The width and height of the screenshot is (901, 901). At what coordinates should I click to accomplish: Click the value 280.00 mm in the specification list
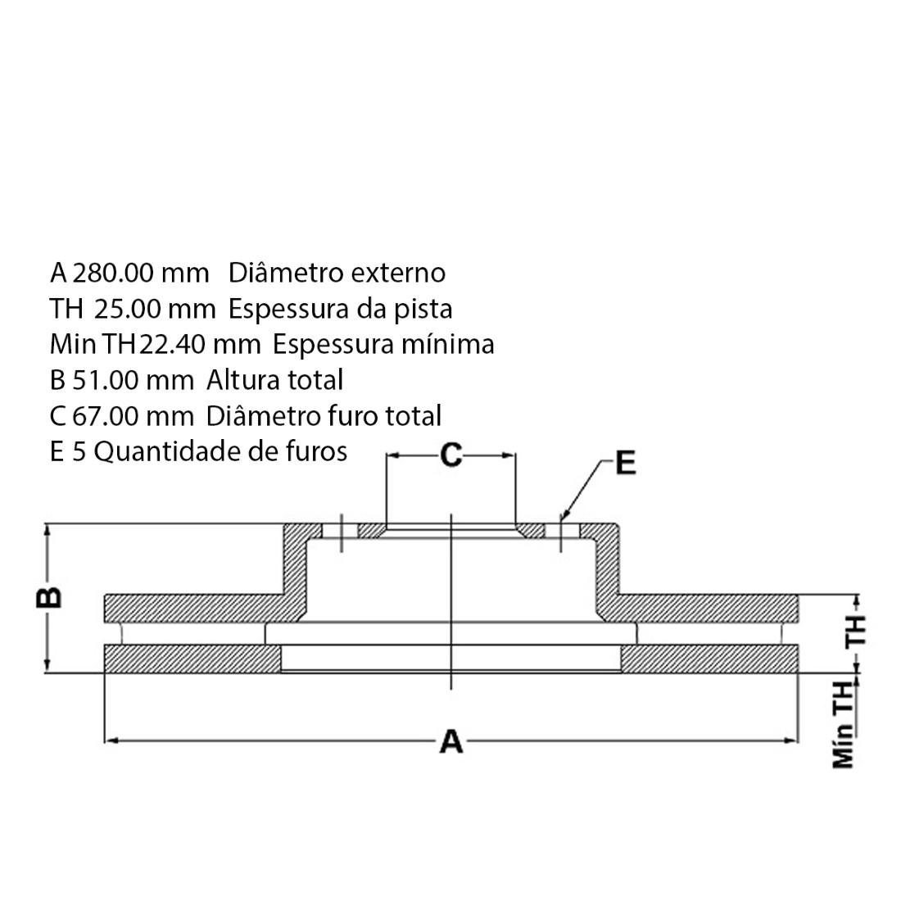point(141,273)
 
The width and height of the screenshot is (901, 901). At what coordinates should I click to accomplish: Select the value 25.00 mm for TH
point(155,309)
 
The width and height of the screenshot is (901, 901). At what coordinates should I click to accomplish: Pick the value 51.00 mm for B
point(133,380)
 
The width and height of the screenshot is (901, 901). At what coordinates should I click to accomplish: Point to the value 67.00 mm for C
point(133,416)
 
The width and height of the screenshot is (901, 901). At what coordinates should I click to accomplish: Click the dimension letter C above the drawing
point(451,455)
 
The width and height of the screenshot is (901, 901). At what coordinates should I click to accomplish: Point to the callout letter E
point(626,463)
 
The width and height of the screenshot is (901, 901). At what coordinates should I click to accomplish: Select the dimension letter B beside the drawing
point(49,598)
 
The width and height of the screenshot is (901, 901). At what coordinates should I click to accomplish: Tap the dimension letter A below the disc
point(451,741)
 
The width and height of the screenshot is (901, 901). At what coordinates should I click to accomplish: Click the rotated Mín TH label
point(844,725)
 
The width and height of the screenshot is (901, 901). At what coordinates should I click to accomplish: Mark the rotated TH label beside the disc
point(856,631)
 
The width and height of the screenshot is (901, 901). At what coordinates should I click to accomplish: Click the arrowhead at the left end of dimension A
point(111,741)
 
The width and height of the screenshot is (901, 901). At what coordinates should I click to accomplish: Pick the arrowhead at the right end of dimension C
point(509,455)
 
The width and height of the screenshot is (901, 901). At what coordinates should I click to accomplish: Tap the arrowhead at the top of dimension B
point(48,531)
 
